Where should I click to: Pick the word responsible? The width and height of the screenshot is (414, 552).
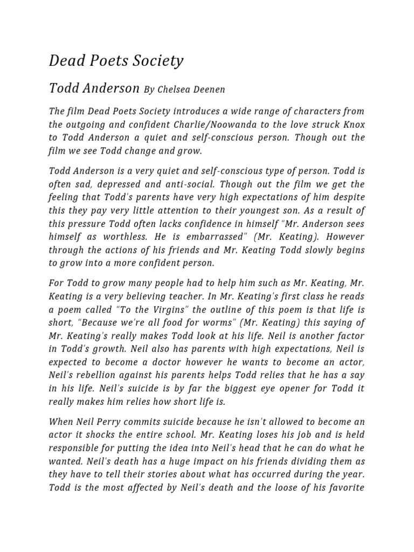(78, 447)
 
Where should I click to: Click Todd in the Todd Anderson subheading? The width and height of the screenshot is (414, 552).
(63, 88)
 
